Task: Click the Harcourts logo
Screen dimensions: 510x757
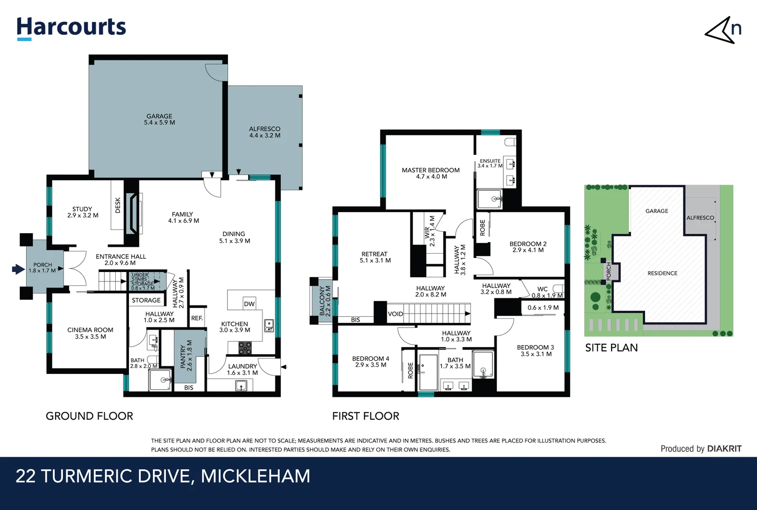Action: (71, 27)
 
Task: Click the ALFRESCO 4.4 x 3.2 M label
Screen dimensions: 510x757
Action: (264, 132)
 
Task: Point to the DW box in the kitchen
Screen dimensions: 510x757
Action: (249, 304)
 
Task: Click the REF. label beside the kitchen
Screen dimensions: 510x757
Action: (197, 318)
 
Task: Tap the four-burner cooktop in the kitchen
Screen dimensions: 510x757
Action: (245, 348)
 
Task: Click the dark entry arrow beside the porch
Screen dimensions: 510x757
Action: (18, 269)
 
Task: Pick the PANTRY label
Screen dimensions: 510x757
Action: (186, 356)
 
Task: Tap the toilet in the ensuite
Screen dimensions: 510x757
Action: (510, 142)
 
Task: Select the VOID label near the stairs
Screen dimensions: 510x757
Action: (395, 314)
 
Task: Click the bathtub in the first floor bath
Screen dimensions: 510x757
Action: (428, 372)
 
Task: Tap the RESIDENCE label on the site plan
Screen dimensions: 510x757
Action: (662, 273)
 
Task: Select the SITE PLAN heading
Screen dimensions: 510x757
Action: (611, 348)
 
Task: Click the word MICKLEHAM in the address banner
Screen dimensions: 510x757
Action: (255, 476)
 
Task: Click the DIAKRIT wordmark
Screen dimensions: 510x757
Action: (724, 449)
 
